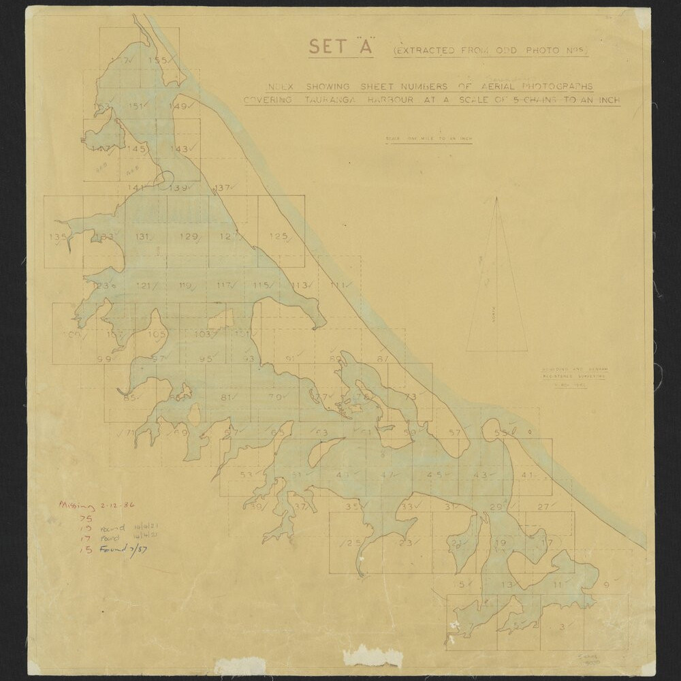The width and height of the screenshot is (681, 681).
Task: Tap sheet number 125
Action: coord(277,236)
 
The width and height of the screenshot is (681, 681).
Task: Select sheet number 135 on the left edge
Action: coord(58,236)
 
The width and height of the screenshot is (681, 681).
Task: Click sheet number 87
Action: coord(383,359)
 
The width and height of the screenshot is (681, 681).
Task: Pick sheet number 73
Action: coord(410,397)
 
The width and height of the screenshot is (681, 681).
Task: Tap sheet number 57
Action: coord(455,433)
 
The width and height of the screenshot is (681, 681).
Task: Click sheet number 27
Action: coord(543,506)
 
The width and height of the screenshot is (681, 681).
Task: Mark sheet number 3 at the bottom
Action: coord(561,627)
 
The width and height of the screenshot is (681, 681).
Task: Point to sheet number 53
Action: coord(247,475)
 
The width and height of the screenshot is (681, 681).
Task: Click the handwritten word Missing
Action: coord(78,505)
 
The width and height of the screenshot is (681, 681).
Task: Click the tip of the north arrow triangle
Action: coord(496,198)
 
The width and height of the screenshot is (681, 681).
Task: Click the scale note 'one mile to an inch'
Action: coord(429,140)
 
